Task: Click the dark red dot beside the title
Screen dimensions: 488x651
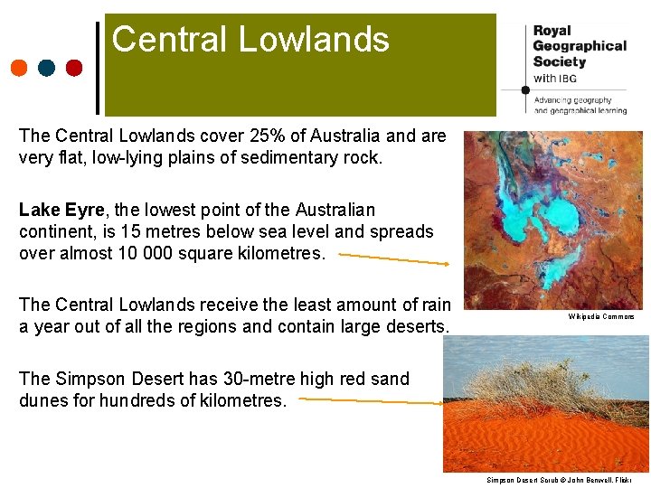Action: coord(74,68)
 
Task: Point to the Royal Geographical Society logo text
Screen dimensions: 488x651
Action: coord(579,45)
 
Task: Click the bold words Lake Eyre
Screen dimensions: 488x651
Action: coord(61,210)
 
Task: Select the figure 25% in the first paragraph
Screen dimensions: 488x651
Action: coord(283,136)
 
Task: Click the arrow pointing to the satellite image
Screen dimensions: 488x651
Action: coord(393,258)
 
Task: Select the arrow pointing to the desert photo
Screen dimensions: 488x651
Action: coord(371,401)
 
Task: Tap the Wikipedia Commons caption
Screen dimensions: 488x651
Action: coord(601,316)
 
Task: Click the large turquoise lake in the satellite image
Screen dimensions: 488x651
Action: coord(561,217)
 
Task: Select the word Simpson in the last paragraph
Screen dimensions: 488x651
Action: coord(89,379)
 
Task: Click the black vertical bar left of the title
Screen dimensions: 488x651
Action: coord(98,69)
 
